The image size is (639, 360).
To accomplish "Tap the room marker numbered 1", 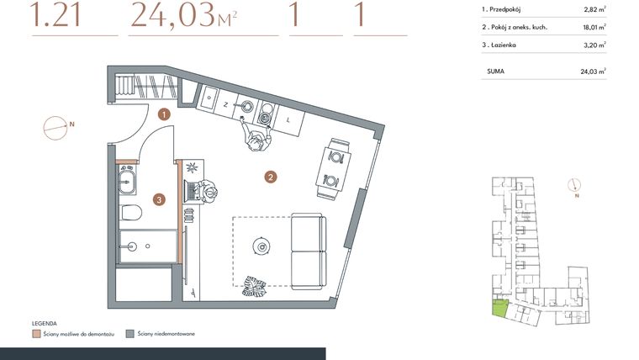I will pos(165,113).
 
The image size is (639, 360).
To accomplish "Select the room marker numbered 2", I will pos(270,177).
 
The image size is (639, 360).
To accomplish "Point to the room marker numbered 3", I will pos(159,199).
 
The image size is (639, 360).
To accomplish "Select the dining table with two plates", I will pos(335,167).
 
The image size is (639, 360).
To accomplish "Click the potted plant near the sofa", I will pos(254,286).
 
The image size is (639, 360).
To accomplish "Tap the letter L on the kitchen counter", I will pos(288,119).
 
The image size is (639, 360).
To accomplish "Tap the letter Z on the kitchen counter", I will pos(225,104).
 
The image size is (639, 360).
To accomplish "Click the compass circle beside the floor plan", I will pos(54,127).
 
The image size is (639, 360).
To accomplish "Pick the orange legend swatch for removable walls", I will pos(36,333).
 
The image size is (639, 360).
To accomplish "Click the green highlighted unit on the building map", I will pos(499,309).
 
